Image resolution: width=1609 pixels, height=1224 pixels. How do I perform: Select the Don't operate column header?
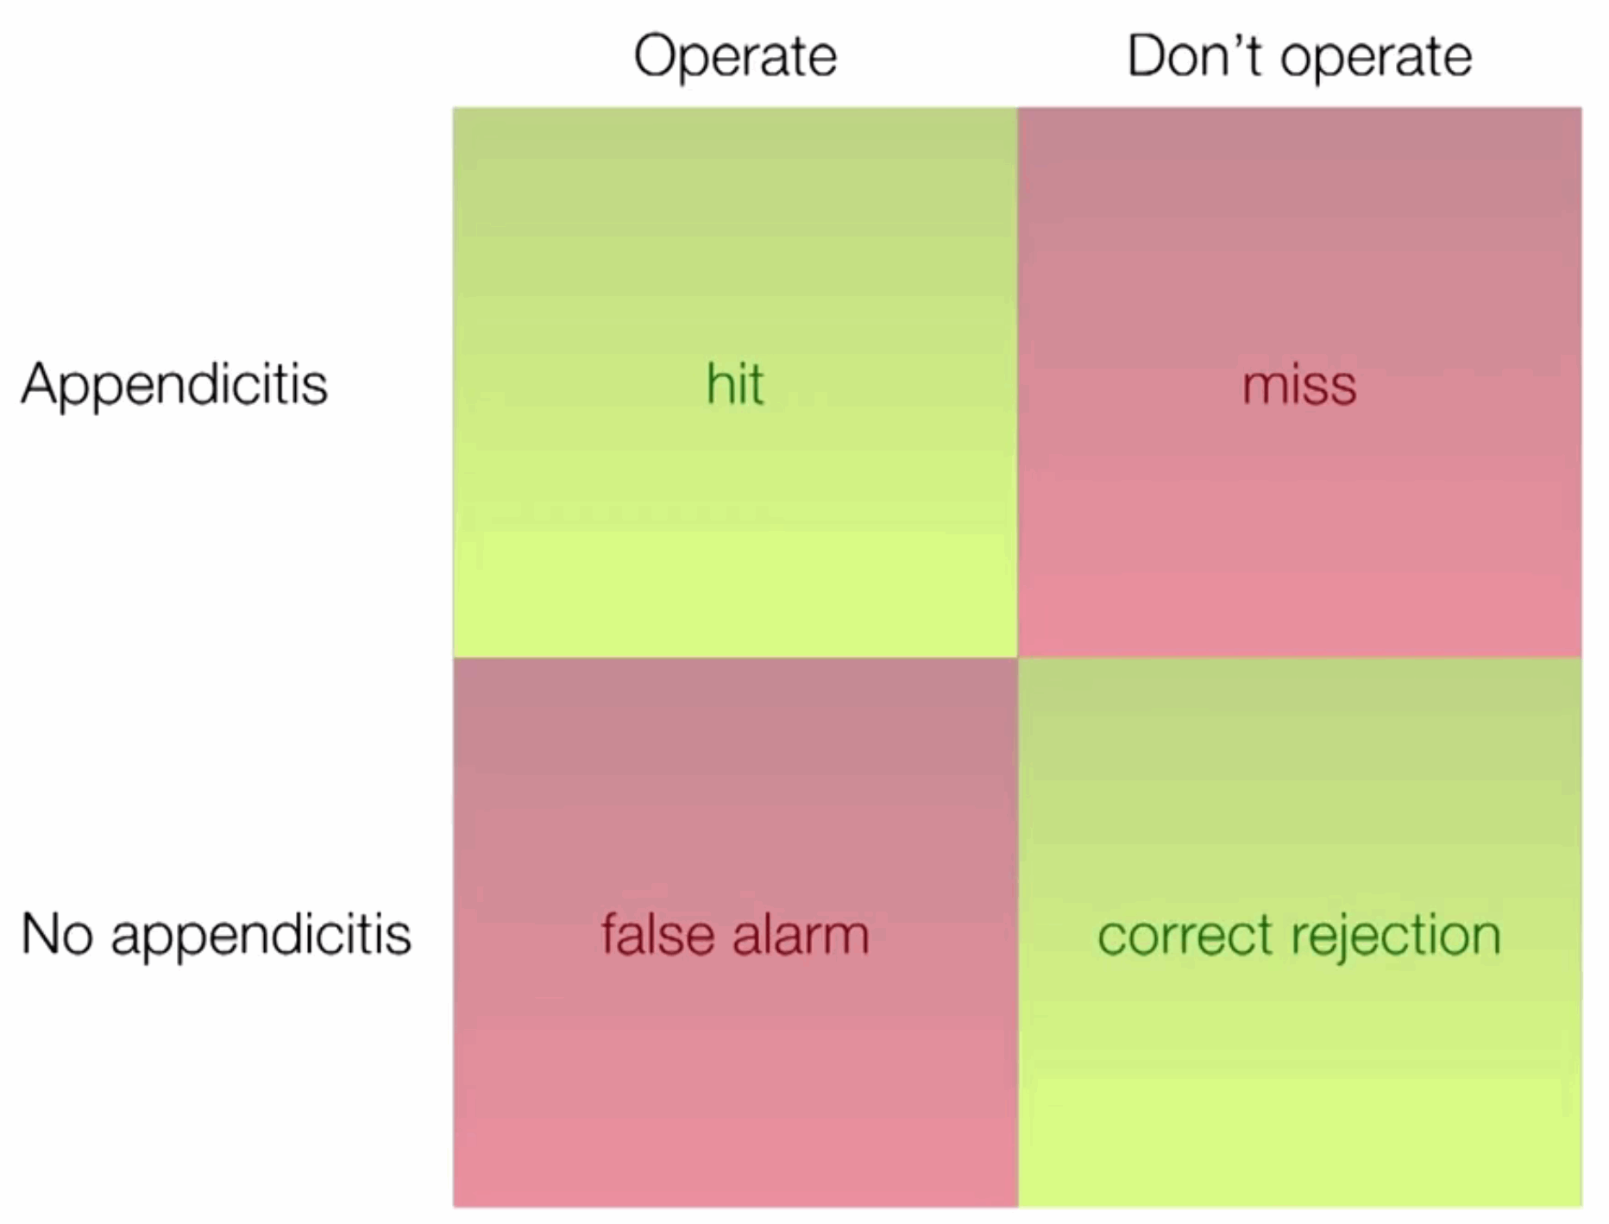click(x=1299, y=56)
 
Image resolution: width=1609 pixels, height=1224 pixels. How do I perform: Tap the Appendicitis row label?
click(x=174, y=385)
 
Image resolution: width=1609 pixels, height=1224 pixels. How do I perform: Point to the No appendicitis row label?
click(x=216, y=935)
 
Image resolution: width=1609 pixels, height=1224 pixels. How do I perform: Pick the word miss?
click(x=1299, y=385)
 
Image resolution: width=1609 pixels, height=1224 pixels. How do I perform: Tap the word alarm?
click(x=801, y=934)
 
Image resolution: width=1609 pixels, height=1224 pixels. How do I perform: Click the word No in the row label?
click(x=57, y=934)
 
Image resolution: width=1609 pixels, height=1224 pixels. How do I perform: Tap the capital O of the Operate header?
click(x=657, y=57)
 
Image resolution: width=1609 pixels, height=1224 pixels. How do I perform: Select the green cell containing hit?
click(x=735, y=382)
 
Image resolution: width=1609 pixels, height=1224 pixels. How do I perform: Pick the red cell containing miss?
click(x=1300, y=382)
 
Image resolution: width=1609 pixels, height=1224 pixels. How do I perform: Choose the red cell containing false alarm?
click(x=735, y=932)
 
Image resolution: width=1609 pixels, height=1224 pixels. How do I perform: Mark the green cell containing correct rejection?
click(x=1300, y=932)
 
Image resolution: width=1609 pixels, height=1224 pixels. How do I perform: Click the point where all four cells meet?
click(x=1018, y=658)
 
